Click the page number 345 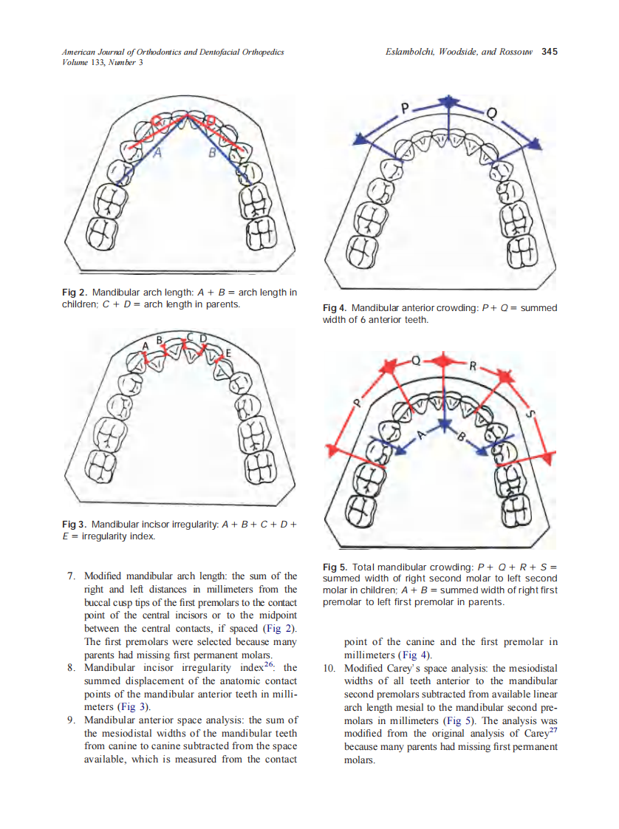549,52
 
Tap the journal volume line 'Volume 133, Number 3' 102,62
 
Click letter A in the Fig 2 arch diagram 157,153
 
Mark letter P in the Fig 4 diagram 404,109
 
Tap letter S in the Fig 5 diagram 528,414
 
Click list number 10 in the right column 330,668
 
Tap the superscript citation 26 269,665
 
